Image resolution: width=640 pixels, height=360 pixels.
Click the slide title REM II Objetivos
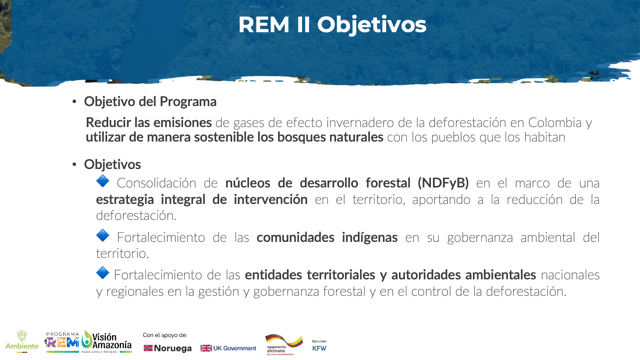[x=332, y=24]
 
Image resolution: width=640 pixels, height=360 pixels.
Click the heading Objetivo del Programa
[x=150, y=101]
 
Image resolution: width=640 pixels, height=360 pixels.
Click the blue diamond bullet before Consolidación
[x=103, y=181]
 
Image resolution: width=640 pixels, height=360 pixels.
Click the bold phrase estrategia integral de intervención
[x=202, y=199]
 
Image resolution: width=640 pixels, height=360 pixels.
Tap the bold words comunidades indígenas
[x=328, y=237]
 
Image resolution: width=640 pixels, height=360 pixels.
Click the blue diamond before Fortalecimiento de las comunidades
[x=103, y=235]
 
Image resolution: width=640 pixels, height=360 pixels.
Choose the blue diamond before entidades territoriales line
[x=103, y=272]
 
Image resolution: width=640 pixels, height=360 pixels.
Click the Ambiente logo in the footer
[x=22, y=340]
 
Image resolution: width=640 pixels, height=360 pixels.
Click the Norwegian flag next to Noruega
[x=149, y=348]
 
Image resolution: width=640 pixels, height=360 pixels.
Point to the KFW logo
[x=319, y=346]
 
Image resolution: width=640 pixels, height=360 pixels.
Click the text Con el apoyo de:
[x=165, y=334]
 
